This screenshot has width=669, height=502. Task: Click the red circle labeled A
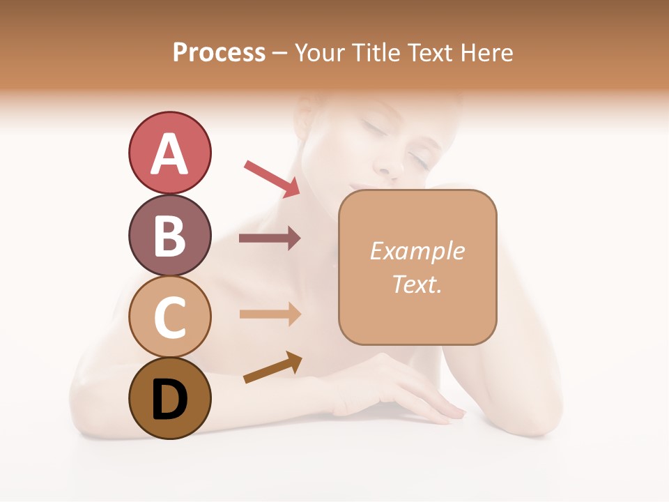pos(169,153)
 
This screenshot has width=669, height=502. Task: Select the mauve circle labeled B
pos(169,235)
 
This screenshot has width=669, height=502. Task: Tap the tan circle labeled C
pos(169,317)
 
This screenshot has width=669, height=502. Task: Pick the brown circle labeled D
pos(169,398)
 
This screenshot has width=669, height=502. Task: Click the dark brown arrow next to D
pos(272,367)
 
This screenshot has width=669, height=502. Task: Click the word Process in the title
pos(219,52)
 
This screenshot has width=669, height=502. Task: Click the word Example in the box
pos(417,251)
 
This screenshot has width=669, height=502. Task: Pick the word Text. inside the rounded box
pos(417,284)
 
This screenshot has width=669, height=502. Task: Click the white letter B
pos(169,236)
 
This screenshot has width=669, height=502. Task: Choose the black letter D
pos(169,399)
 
